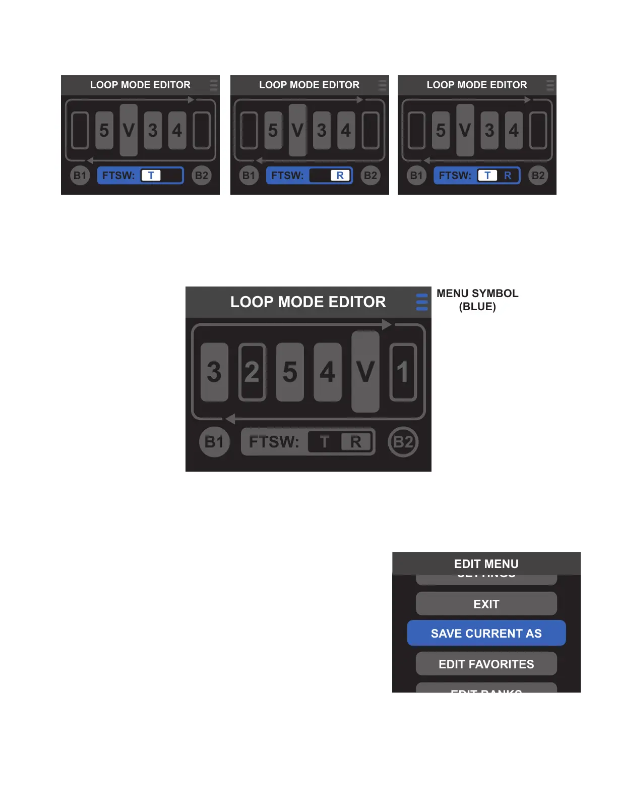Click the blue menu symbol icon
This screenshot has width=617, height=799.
coord(422,302)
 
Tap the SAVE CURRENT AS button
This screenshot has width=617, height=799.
coord(486,634)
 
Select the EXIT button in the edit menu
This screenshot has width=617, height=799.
coord(486,604)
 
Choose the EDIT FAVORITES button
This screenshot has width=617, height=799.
coord(486,664)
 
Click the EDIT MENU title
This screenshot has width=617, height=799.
coord(486,564)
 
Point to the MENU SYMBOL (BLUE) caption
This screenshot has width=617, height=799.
coord(477,300)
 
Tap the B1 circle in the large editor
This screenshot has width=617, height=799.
coord(214,442)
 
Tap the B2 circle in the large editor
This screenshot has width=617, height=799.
coord(403,442)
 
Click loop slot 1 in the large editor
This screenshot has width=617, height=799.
coord(403,372)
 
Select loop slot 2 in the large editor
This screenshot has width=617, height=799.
coord(252,372)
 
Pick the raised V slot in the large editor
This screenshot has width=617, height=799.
coord(365,372)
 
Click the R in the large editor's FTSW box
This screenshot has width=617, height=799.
coord(356,442)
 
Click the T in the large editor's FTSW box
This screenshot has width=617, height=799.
coord(324,442)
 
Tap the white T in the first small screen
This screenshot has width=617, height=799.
coord(151,176)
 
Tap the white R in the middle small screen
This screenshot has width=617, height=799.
coord(340,176)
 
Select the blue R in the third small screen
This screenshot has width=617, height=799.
coord(508,176)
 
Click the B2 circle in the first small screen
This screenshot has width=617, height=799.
coord(202,176)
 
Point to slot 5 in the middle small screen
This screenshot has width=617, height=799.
coord(273,131)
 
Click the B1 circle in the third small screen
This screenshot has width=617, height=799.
coord(416,176)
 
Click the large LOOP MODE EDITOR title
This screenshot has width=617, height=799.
coord(308,302)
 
